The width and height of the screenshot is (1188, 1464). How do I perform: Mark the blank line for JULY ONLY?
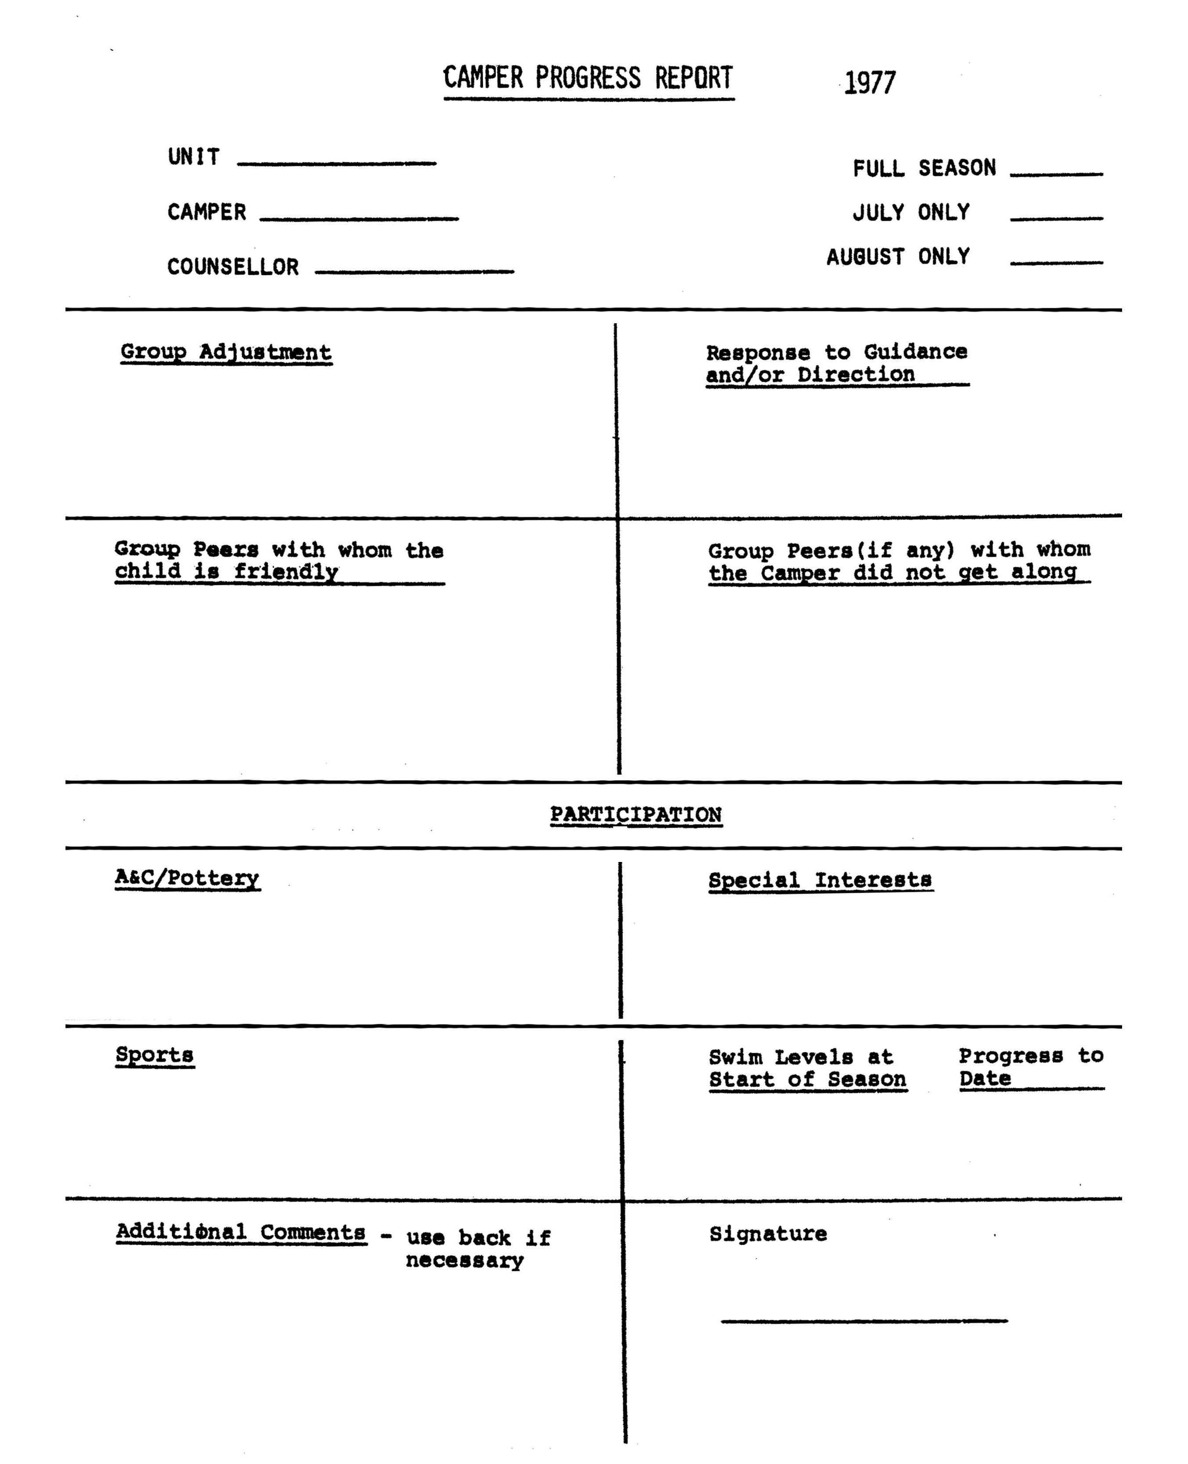click(1055, 219)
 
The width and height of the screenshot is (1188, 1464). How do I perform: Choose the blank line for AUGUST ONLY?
click(1055, 262)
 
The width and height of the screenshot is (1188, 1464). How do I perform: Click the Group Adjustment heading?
click(226, 352)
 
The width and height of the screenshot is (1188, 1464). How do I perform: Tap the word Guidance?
click(915, 352)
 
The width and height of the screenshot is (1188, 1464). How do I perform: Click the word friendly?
click(286, 571)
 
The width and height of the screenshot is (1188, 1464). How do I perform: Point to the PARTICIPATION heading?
click(636, 814)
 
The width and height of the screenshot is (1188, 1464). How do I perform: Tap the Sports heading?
click(155, 1055)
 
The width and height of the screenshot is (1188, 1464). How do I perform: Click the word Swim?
click(735, 1057)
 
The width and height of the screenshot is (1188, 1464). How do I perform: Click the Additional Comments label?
click(241, 1232)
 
